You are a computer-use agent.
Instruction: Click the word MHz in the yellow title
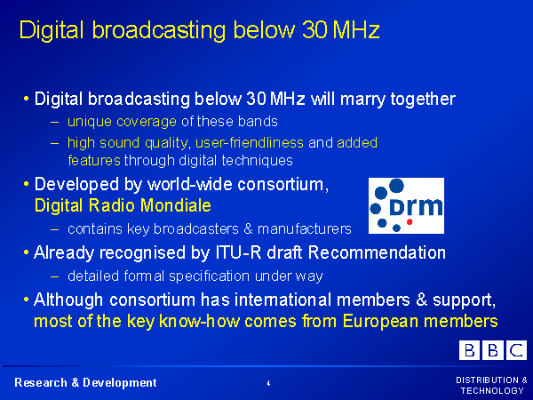(x=356, y=30)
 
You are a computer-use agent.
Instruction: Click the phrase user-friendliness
(x=250, y=142)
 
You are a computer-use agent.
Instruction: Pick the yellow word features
(x=94, y=160)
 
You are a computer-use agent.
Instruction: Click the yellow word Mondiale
(x=175, y=205)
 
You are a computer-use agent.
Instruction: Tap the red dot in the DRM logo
(x=410, y=221)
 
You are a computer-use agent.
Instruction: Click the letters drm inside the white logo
(x=416, y=206)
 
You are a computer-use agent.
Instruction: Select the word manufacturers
(x=304, y=229)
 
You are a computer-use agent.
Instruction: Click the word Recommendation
(x=377, y=252)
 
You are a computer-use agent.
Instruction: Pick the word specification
(x=209, y=276)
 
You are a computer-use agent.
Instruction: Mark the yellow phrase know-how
(x=199, y=321)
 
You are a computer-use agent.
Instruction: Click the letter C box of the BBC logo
(x=517, y=350)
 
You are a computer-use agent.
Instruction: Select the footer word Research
(x=41, y=382)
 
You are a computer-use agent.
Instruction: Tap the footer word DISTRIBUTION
(x=487, y=380)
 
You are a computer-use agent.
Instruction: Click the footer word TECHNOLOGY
(x=492, y=390)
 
